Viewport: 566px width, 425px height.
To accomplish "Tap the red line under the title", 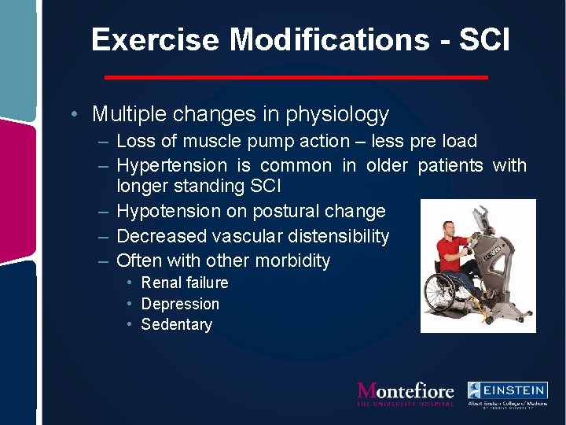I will point(296,77).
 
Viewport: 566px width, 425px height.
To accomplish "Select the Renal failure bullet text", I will point(185,283).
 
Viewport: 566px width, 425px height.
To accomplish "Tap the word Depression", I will point(180,304).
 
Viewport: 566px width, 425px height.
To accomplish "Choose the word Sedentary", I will point(177,324).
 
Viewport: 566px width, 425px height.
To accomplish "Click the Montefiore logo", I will point(406,393).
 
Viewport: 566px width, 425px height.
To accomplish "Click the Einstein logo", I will point(507,394).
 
